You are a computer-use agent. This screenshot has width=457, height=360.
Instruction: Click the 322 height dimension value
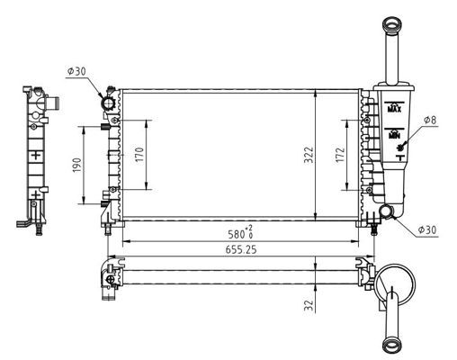coord(309,155)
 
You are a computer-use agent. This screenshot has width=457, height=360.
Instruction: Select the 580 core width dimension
coord(237,234)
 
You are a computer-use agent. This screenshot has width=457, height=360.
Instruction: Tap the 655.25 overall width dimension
coord(241,249)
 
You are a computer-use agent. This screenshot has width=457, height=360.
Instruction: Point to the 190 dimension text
coord(77,166)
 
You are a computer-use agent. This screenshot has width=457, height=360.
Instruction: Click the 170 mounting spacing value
coord(139,155)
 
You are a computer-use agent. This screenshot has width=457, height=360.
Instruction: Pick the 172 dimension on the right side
coord(340,155)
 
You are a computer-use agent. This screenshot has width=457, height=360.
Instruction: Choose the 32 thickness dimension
coord(309,305)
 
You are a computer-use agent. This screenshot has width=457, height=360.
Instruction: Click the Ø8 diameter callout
coord(430,120)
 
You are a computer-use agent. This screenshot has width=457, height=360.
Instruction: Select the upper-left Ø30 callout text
coord(76,71)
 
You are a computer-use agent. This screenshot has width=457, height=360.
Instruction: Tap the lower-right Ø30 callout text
coord(427,230)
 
